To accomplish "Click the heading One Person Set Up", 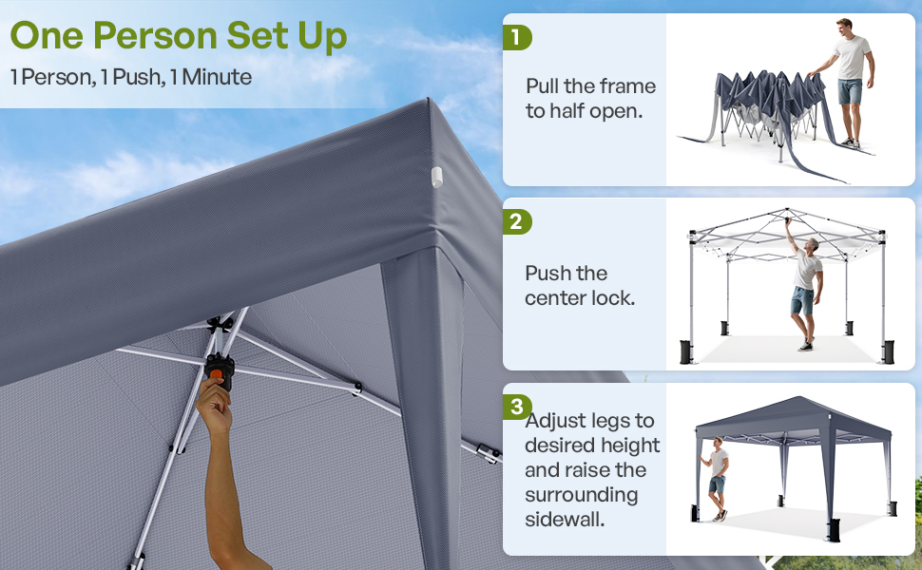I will [x=179, y=36].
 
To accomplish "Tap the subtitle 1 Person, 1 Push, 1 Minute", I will [x=131, y=77].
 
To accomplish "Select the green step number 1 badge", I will [x=516, y=37].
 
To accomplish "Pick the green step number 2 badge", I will [x=516, y=222].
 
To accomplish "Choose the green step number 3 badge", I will [x=516, y=408].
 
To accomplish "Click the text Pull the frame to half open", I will [x=590, y=98].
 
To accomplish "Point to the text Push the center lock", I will [x=580, y=285].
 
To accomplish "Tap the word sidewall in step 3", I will [x=567, y=520].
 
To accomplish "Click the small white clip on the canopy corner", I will [x=437, y=176].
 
